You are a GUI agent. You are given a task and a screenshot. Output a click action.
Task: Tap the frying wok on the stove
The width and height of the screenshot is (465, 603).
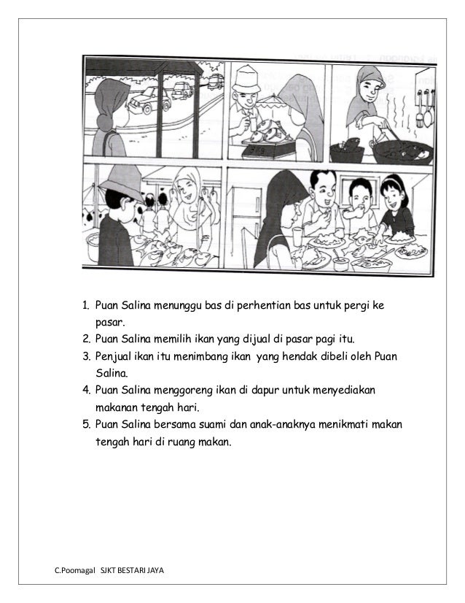pyautogui.click(x=394, y=151)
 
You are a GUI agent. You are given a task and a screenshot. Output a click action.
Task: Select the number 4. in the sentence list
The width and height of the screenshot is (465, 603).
pyautogui.click(x=85, y=391)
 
